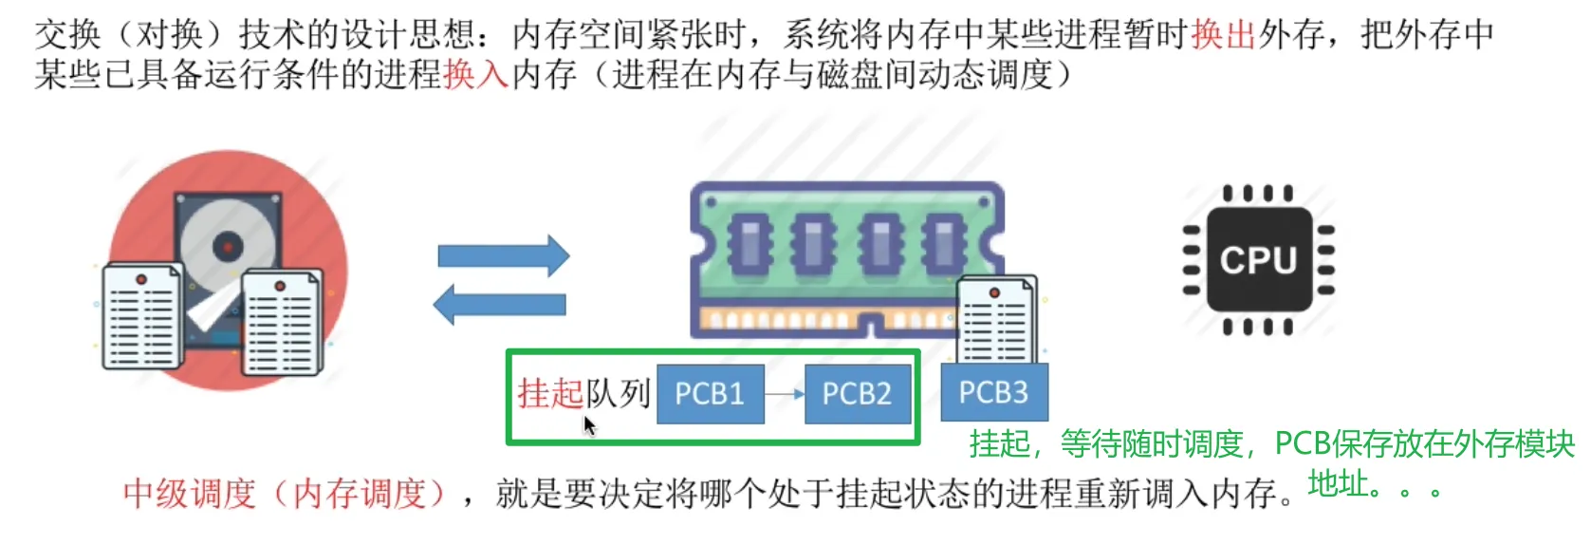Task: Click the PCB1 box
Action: tap(710, 393)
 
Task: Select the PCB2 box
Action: tap(857, 393)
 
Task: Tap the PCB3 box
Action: tap(993, 392)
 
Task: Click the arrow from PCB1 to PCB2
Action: tap(785, 393)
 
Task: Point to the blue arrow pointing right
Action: tap(503, 255)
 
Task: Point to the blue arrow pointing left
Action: tap(499, 305)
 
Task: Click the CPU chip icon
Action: tap(1258, 260)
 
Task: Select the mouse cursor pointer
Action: tap(588, 424)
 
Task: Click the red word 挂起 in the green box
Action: tap(550, 393)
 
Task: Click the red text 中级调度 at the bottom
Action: tap(190, 494)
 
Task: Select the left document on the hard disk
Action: tap(141, 317)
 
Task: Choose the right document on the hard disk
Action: tap(282, 323)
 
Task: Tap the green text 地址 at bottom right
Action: tap(1339, 484)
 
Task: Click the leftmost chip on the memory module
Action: tap(749, 242)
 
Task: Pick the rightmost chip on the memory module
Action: tap(945, 242)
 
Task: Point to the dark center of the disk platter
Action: tap(228, 248)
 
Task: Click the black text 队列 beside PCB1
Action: tap(618, 393)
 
